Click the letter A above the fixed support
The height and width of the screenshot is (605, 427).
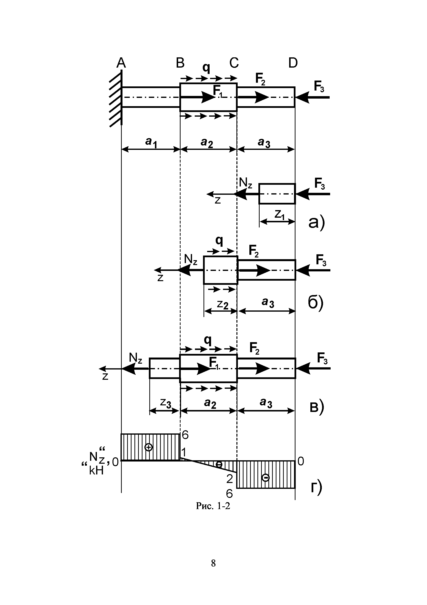pos(121,63)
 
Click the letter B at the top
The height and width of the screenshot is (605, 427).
pos(180,63)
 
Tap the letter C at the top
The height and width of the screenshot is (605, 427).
pos(234,63)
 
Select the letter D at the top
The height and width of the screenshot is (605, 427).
pos(293,63)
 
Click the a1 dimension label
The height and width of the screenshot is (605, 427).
pos(151,143)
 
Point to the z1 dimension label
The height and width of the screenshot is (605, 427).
pos(279,215)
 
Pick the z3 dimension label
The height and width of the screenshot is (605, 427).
pos(165,403)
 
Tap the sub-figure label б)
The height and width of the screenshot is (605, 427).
pos(315,304)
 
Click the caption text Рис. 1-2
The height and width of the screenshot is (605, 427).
pos(213,506)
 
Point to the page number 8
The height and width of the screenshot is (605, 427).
pos(213,563)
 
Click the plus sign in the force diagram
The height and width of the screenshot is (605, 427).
pos(149,447)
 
